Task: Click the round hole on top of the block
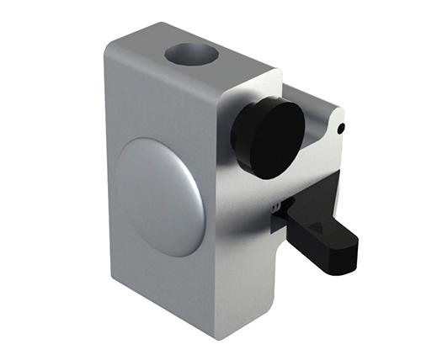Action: (191, 56)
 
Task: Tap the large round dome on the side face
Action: (160, 195)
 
